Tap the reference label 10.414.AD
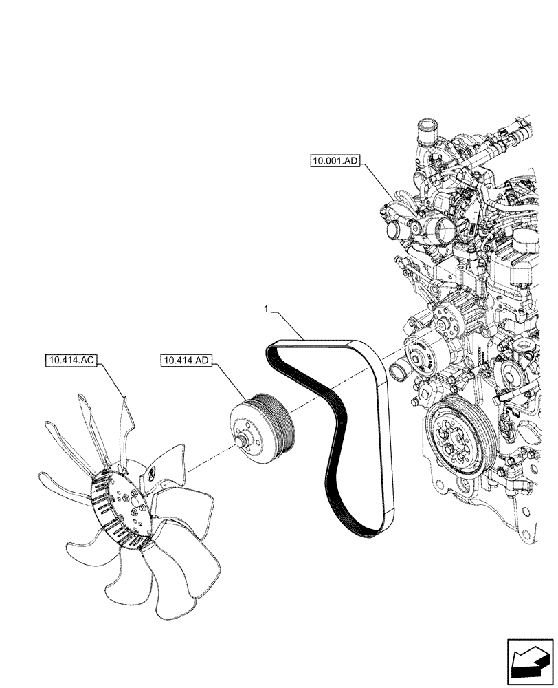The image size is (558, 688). (187, 360)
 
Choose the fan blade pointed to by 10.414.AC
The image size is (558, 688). (124, 420)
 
